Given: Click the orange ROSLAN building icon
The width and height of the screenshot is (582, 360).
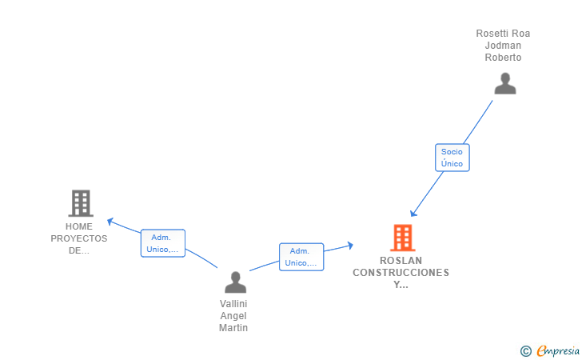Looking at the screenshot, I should click(x=402, y=238).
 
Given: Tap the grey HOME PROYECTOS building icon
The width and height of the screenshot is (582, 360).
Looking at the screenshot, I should click(x=80, y=203).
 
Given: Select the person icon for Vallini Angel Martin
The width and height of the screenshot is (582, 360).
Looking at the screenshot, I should click(x=234, y=282).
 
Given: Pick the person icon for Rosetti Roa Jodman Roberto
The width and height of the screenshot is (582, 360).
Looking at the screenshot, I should click(x=504, y=83).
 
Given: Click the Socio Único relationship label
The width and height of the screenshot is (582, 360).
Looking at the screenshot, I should click(x=452, y=158).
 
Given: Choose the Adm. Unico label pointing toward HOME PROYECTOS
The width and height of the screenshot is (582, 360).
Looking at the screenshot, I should click(x=163, y=243).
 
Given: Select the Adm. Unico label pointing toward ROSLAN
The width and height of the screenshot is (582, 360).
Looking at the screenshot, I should click(x=301, y=257).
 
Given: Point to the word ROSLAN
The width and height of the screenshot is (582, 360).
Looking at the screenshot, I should click(x=401, y=261).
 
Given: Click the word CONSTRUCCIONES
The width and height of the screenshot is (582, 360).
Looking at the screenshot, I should click(x=401, y=273).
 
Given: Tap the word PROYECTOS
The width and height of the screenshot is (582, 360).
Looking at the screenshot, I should click(x=79, y=238).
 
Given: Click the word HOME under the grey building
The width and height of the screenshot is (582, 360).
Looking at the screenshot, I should click(x=79, y=226).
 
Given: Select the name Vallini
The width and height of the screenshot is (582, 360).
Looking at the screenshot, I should click(x=234, y=304).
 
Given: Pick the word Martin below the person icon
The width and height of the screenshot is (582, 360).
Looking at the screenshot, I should click(x=234, y=328).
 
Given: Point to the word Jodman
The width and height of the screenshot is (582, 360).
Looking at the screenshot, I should click(x=503, y=46).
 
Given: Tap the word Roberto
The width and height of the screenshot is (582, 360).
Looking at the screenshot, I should click(x=503, y=58).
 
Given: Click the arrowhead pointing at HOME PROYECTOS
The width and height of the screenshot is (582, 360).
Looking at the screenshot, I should click(x=110, y=220).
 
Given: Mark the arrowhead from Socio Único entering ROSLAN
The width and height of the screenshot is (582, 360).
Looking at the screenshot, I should click(x=413, y=214).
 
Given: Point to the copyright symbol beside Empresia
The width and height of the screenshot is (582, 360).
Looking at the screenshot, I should click(x=525, y=350).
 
